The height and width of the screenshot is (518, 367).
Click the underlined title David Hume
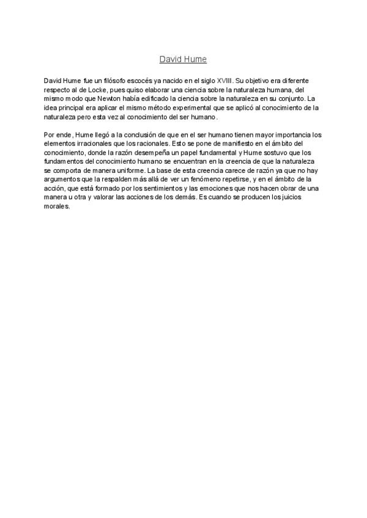tap(183, 59)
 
